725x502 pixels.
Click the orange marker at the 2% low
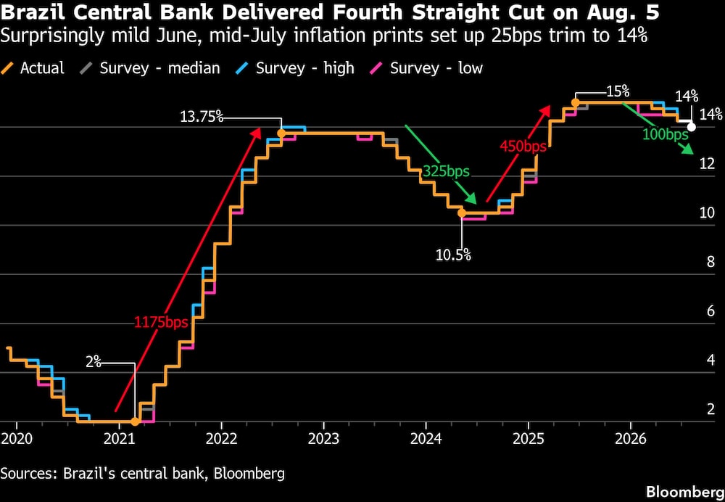[x=135, y=421]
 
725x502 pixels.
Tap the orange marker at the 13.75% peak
[x=281, y=133]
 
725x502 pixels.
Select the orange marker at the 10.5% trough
[x=461, y=213]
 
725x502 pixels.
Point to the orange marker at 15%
[x=575, y=103]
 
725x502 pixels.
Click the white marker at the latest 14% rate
[x=691, y=127]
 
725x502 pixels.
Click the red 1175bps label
[x=162, y=322]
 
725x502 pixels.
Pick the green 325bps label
[x=446, y=172]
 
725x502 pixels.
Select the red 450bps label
[x=523, y=147]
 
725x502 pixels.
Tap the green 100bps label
[x=666, y=135]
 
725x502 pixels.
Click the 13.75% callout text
[x=202, y=117]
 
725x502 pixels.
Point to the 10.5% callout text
[x=454, y=255]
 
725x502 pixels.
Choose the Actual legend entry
[x=33, y=68]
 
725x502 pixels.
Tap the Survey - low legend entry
[x=427, y=68]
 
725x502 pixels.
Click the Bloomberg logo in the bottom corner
[x=685, y=491]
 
